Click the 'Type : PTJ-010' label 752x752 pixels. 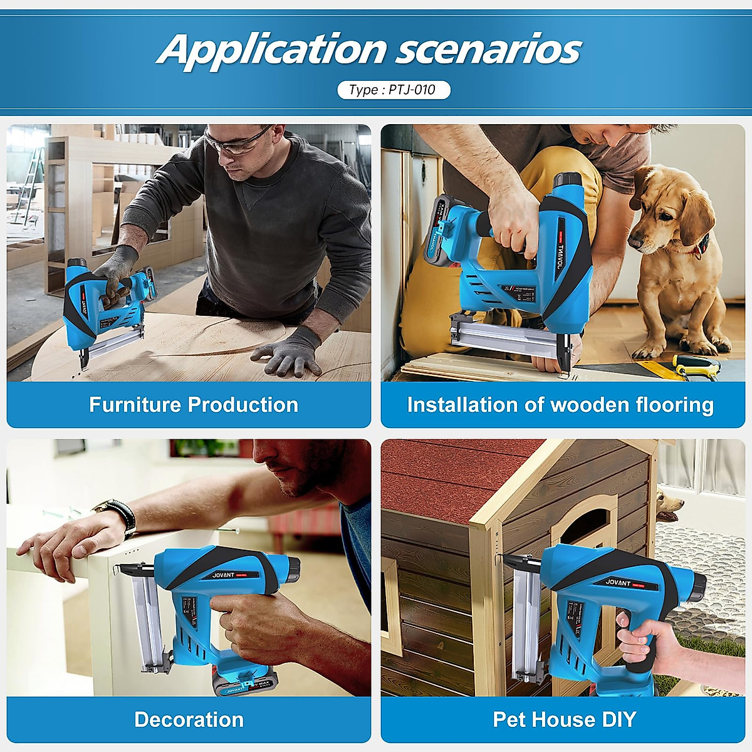[x=393, y=90]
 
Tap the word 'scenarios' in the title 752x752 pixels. [x=489, y=50]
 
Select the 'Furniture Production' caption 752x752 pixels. [x=193, y=405]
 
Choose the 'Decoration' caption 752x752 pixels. [x=189, y=719]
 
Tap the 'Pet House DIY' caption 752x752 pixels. [x=564, y=719]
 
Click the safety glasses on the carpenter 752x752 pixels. [x=238, y=142]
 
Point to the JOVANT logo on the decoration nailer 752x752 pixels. [x=223, y=575]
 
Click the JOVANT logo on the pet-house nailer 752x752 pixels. [x=618, y=582]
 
